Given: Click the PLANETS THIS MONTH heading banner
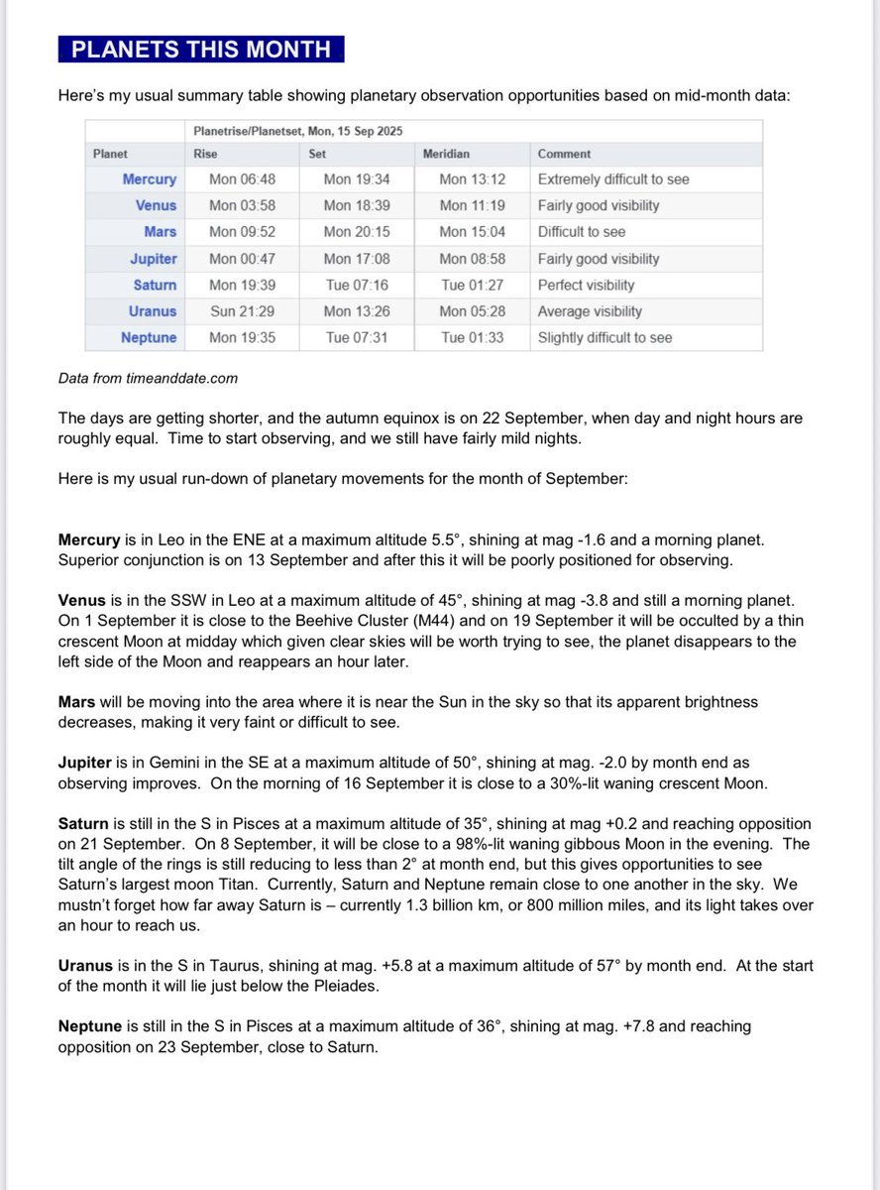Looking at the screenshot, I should tap(200, 49).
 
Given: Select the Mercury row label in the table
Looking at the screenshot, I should tap(149, 179).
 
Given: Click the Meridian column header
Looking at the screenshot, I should tap(447, 154).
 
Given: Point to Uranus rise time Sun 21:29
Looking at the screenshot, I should tap(236, 311).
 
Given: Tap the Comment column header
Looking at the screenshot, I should tap(564, 154).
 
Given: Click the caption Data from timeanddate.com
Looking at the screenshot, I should tap(148, 378).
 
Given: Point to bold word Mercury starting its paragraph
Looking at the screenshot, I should tap(89, 541).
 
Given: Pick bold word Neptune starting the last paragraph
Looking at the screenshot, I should tap(90, 1026).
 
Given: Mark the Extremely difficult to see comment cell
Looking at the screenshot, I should tap(613, 179).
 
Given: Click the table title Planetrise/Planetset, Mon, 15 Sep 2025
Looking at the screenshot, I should tap(297, 131).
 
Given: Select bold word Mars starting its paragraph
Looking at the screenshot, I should tap(77, 701).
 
